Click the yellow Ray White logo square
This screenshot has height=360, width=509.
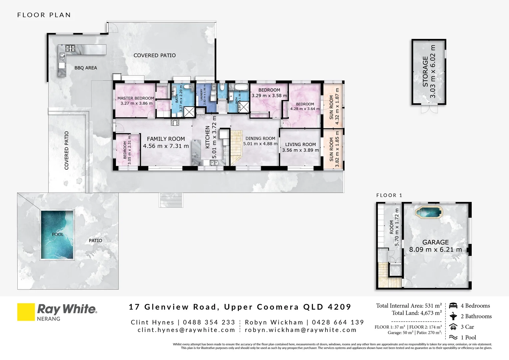[x=26, y=312]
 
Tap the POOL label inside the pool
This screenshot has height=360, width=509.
[x=58, y=234]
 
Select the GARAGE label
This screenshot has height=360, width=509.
[x=435, y=242]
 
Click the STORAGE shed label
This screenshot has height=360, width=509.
[x=425, y=72]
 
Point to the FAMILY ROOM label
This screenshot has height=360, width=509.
[x=166, y=139]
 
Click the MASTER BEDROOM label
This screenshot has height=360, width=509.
[x=136, y=98]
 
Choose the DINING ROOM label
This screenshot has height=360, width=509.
[x=260, y=138]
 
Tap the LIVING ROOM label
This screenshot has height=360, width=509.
[x=300, y=144]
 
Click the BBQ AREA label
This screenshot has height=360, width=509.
[x=86, y=68]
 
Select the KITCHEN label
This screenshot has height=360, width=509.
[x=208, y=137]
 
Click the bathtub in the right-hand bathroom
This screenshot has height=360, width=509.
[x=241, y=87]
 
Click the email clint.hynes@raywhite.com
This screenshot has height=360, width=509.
[x=186, y=330]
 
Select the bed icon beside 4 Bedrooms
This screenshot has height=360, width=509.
[x=453, y=306]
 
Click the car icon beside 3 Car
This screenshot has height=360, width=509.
[x=453, y=327]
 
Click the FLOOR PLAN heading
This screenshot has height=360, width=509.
[x=44, y=15]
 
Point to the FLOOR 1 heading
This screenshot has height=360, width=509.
[x=389, y=195]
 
